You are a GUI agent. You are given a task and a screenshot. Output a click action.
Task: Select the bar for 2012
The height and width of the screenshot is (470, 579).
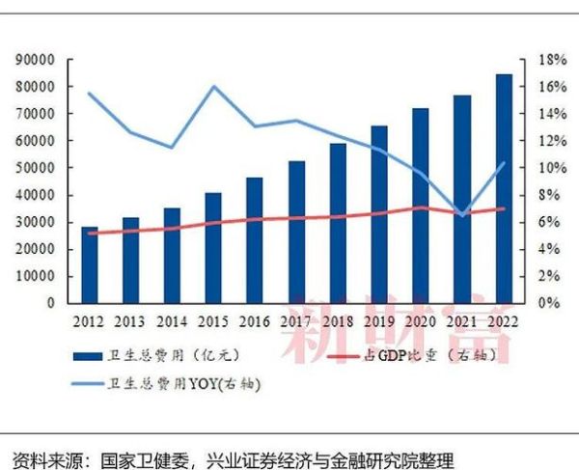coord(90,264)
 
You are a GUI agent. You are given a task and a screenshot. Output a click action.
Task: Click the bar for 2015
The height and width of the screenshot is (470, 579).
coord(213,247)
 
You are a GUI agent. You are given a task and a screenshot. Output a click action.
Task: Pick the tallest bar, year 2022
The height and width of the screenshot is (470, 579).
coord(505,188)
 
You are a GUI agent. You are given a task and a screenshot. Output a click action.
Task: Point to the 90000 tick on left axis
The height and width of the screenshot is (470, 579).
coord(36,60)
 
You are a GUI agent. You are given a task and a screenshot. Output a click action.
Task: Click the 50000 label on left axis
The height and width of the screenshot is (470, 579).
coord(36,168)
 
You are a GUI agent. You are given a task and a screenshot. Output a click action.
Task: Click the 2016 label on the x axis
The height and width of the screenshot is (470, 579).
coord(255,319)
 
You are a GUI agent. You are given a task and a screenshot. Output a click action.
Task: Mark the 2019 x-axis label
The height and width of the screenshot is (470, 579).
coord(379,319)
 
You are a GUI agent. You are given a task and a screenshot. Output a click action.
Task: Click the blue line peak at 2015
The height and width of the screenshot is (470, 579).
coord(213,87)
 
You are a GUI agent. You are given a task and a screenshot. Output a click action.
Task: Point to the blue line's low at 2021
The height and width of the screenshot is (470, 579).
coord(462,214)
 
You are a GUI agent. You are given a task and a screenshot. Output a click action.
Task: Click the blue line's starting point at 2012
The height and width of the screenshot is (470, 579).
coord(89,94)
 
